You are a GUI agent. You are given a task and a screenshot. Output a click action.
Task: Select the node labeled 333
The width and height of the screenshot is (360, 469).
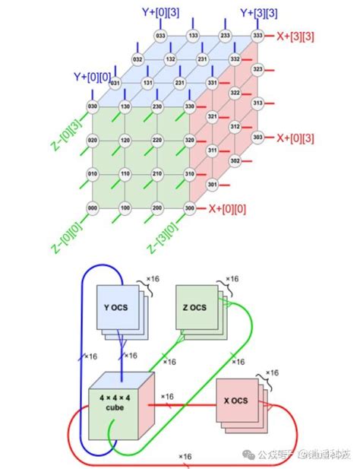tap(257, 35)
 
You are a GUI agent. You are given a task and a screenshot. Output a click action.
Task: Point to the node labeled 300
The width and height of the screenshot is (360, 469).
tap(191, 208)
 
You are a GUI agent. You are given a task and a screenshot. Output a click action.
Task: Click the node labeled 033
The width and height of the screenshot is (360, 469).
tap(160, 35)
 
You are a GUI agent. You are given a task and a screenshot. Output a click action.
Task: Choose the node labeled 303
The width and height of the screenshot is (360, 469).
tap(257, 138)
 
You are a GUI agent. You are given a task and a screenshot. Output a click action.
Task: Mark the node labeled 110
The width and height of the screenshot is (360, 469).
tap(125, 174)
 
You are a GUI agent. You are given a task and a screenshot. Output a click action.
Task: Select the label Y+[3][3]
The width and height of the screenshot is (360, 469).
tap(257, 12)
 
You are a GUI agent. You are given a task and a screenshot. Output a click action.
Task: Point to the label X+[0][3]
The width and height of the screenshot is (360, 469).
tap(295, 138)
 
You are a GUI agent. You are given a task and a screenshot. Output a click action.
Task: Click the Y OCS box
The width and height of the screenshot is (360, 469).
tap(115, 308)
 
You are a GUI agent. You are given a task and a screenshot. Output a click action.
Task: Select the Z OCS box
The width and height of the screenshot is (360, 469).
tap(194, 308)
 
